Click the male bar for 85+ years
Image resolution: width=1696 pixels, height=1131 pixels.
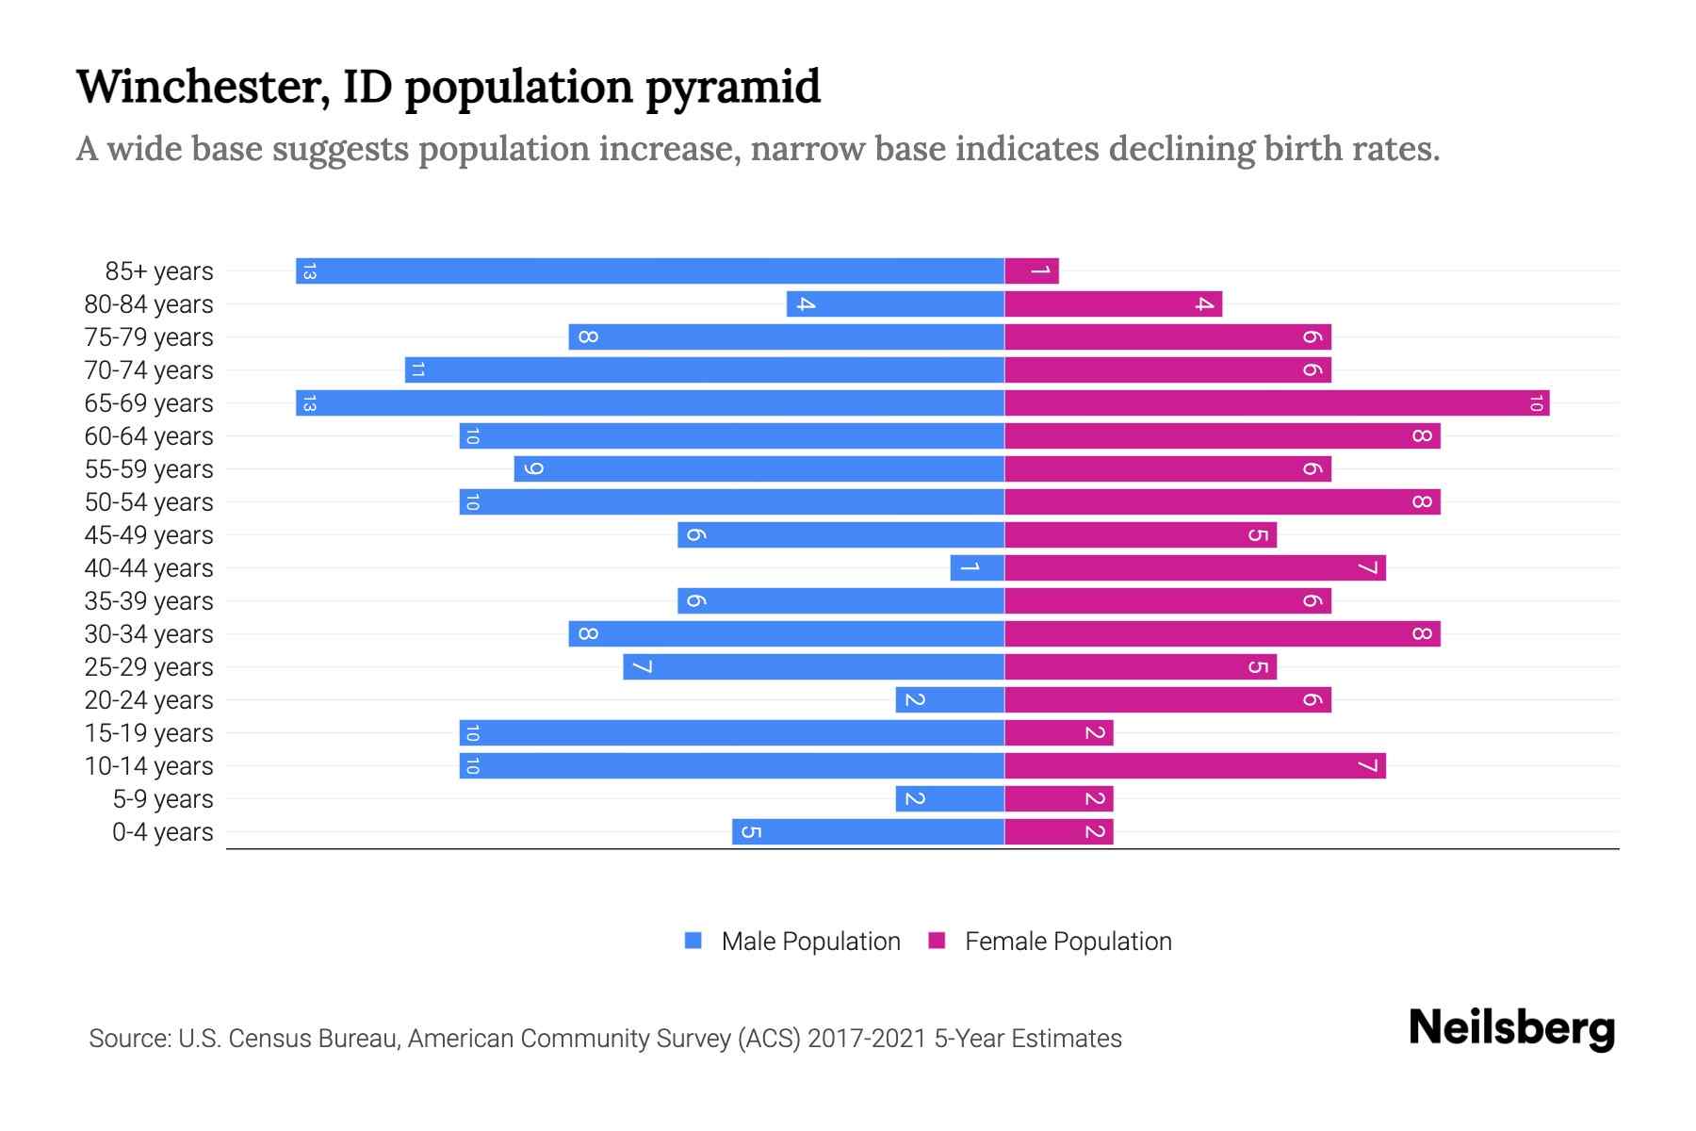[650, 271]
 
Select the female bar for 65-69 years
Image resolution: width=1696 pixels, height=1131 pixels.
[1277, 403]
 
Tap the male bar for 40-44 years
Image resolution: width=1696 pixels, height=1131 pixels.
[977, 568]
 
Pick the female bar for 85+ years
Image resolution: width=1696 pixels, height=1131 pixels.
[1032, 271]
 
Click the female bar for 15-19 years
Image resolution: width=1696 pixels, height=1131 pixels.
[1059, 733]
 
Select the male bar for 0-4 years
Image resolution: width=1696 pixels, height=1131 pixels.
[868, 832]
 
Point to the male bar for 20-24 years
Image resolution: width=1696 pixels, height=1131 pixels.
[950, 700]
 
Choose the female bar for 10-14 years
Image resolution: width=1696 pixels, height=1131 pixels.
[1195, 766]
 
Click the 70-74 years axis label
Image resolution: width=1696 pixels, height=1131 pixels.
[149, 370]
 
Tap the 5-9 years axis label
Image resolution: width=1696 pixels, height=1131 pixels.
[163, 799]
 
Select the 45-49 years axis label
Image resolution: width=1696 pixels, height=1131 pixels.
[149, 535]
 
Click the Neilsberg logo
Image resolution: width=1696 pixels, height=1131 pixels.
[1511, 1028]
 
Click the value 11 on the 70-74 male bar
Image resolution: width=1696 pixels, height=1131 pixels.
[417, 370]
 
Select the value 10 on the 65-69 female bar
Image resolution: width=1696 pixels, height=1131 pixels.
[1536, 403]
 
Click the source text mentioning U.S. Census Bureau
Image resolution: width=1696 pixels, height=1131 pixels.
[605, 1039]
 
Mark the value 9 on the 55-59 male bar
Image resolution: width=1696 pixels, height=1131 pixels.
[532, 469]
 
